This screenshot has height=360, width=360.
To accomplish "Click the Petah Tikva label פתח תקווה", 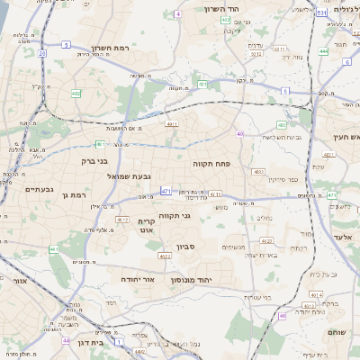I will [212, 164].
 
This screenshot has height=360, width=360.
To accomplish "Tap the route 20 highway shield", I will [42, 54].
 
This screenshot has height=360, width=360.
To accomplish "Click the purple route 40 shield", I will [240, 133].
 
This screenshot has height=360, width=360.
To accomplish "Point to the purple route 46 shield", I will [282, 316].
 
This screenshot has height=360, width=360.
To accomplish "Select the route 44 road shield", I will [66, 341].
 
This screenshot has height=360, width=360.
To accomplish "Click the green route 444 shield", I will [323, 51].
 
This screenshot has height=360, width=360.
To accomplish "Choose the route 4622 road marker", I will [165, 256].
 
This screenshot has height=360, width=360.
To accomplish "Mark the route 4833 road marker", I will [259, 170].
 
